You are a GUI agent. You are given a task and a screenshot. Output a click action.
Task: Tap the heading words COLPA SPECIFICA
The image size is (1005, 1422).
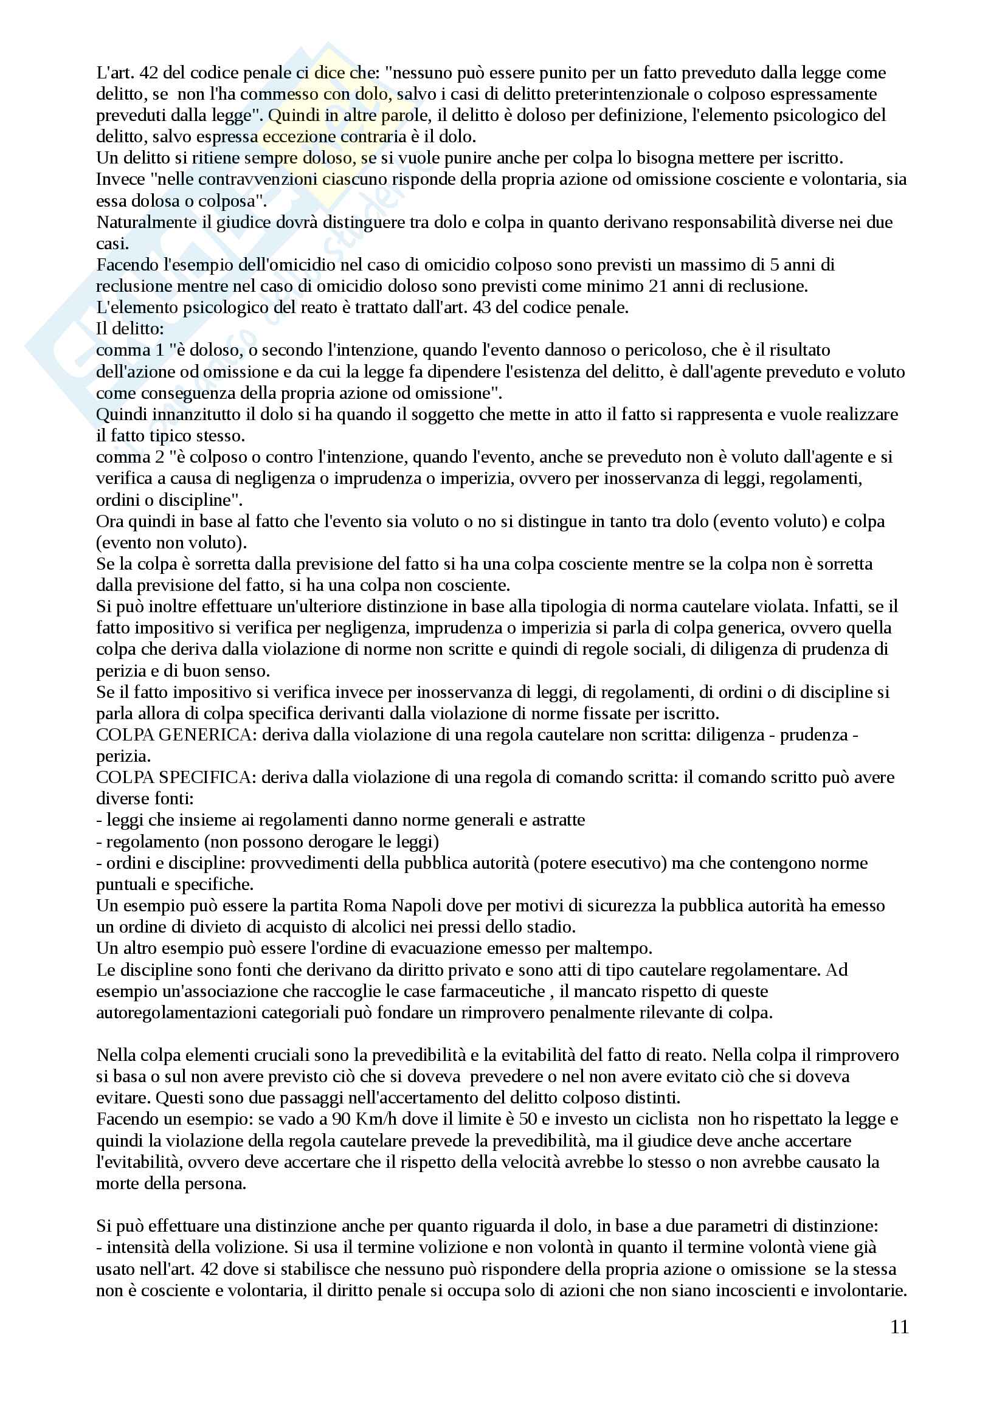[174, 778]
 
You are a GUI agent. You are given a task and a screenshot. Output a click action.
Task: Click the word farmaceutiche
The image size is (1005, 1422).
[492, 991]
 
